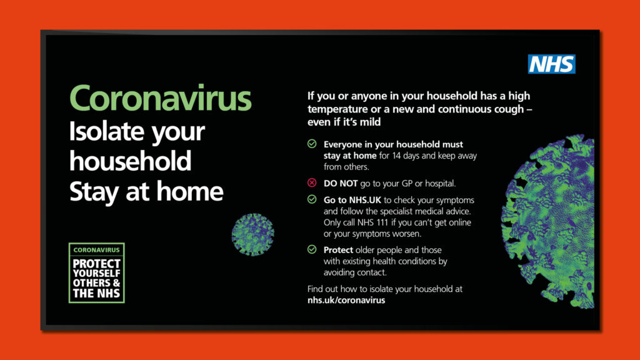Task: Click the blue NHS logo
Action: tap(551, 64)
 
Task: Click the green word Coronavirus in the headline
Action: tap(161, 98)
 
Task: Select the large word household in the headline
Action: tap(130, 161)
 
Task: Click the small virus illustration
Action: tap(252, 234)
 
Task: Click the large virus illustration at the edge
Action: tap(548, 221)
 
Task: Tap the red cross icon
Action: tap(312, 183)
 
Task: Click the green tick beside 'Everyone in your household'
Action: tap(312, 144)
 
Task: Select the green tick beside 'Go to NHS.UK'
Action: tap(312, 199)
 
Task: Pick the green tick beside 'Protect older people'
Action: tap(312, 249)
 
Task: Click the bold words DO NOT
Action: tap(341, 184)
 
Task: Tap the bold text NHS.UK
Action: tap(364, 200)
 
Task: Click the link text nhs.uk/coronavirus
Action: tap(346, 300)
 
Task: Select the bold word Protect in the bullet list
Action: tap(338, 250)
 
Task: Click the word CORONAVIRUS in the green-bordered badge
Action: tap(96, 250)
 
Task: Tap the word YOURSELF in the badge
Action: tap(96, 273)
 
